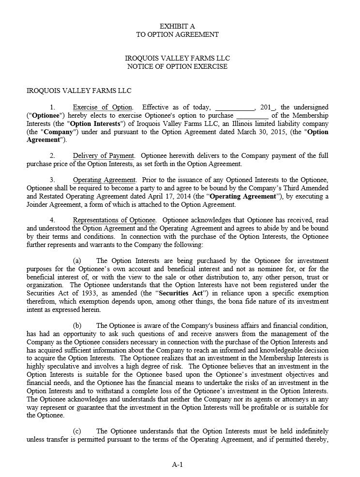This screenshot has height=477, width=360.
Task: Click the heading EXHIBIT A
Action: pyautogui.click(x=177, y=26)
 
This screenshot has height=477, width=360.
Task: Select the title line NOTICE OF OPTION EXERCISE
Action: pyautogui.click(x=177, y=66)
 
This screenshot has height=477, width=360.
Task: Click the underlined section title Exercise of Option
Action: pyautogui.click(x=102, y=107)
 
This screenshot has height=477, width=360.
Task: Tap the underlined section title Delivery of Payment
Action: pyautogui.click(x=103, y=155)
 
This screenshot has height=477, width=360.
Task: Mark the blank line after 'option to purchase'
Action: pyautogui.click(x=252, y=116)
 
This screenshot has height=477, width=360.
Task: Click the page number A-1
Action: pyautogui.click(x=177, y=465)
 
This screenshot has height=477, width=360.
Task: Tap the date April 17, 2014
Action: pyautogui.click(x=177, y=196)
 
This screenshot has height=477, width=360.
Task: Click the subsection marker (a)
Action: pyautogui.click(x=76, y=261)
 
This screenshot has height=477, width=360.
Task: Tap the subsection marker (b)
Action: pyautogui.click(x=77, y=325)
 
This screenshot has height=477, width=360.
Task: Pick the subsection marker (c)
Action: pyautogui.click(x=76, y=431)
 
